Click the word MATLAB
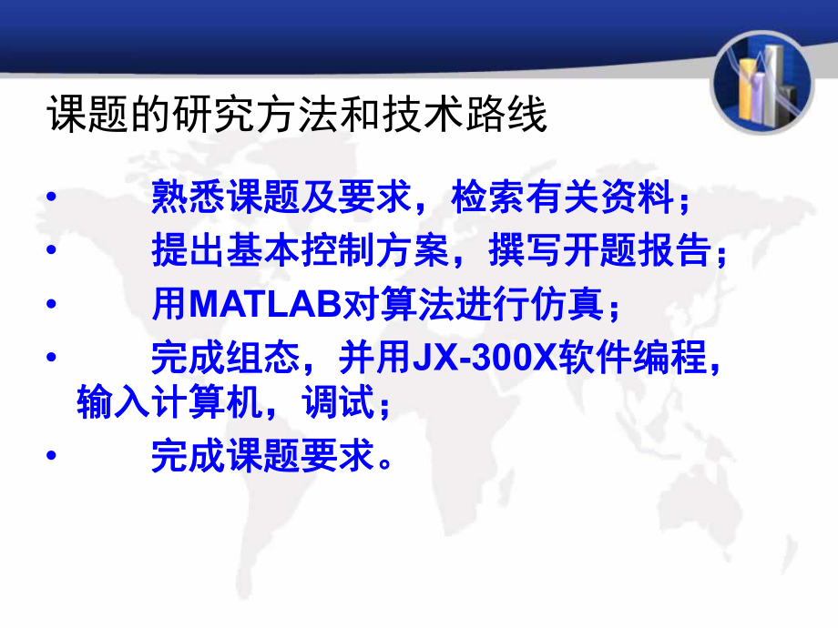tap(264, 306)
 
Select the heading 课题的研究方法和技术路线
tap(297, 117)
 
